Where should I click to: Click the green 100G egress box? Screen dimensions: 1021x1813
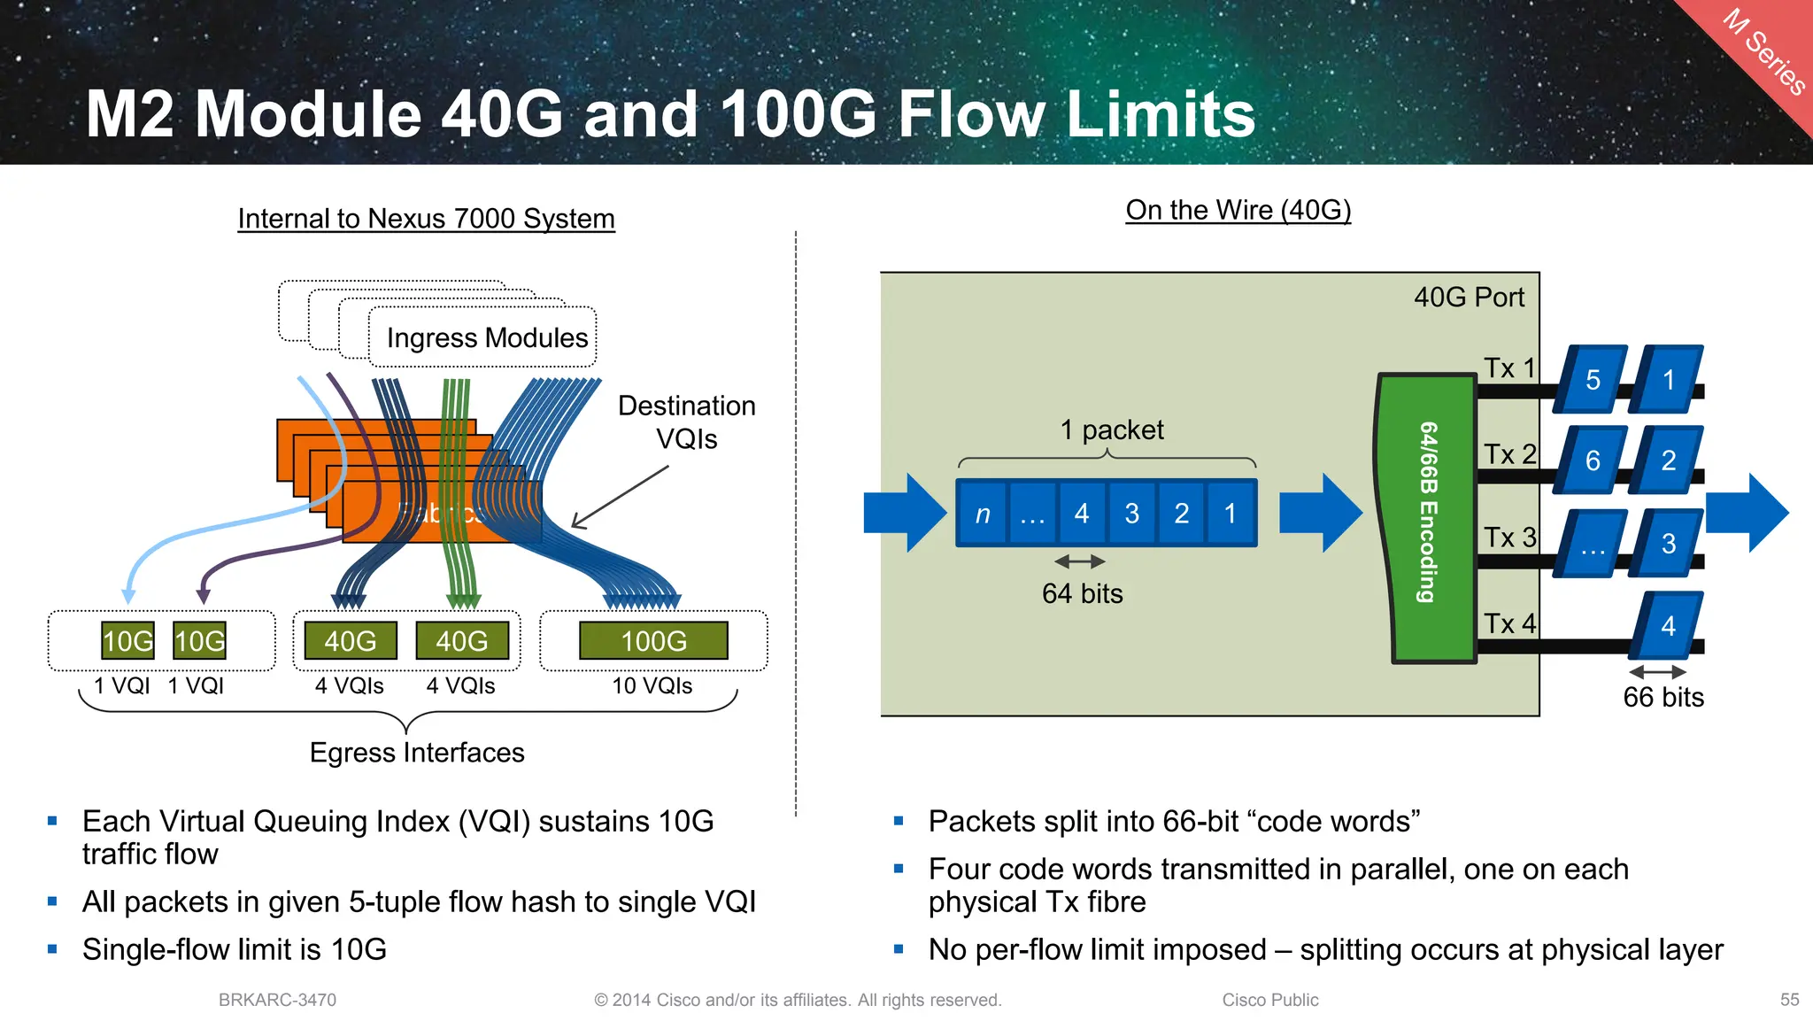tap(653, 640)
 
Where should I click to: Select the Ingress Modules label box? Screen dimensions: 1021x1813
tap(482, 337)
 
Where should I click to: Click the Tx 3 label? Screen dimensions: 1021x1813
tap(1509, 538)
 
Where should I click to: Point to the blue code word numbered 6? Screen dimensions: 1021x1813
tap(1592, 460)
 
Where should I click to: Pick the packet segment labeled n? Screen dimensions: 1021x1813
tap(982, 514)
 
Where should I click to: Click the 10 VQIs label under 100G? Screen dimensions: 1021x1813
tap(652, 685)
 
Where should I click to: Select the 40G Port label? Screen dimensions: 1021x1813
tap(1469, 298)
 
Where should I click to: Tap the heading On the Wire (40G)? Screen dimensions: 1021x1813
tap(1238, 210)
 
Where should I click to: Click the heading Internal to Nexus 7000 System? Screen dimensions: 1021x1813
tap(426, 219)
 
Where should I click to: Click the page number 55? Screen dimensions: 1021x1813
tap(1789, 1000)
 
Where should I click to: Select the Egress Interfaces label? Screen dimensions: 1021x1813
tap(417, 753)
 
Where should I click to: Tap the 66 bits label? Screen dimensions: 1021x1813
tap(1663, 698)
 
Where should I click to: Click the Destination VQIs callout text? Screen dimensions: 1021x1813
tap(686, 422)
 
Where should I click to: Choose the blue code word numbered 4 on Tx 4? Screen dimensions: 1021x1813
tap(1667, 626)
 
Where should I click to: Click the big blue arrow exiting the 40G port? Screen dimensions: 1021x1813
tap(1747, 513)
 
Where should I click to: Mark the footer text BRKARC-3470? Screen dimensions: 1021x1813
tap(277, 1000)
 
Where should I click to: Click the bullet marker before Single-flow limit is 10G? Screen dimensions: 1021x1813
tap(53, 949)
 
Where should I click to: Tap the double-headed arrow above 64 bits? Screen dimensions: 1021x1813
tap(1080, 561)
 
